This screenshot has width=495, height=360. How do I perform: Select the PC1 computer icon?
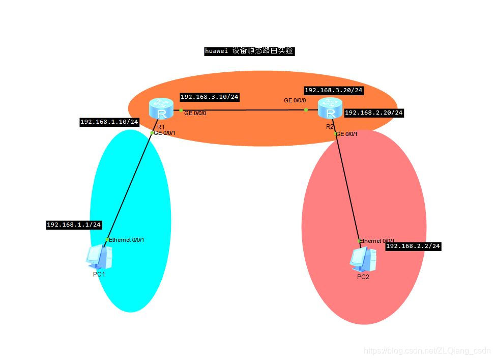[x=99, y=257]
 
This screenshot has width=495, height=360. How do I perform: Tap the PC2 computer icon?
[x=363, y=260]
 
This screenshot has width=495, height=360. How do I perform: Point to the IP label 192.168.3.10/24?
[x=210, y=97]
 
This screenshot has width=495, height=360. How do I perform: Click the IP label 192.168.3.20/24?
[x=334, y=90]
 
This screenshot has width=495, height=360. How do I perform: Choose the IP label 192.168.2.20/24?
[x=374, y=113]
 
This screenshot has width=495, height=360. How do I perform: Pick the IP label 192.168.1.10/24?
[x=109, y=122]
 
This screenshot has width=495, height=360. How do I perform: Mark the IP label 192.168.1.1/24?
[x=74, y=225]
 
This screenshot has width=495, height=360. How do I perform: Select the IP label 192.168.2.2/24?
[x=413, y=246]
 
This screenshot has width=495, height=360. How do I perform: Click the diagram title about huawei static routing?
[x=249, y=51]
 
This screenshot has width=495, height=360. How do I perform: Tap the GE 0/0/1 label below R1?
[x=164, y=133]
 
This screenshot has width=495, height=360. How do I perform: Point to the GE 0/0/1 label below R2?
[x=347, y=134]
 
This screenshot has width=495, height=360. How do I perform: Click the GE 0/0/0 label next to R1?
[x=195, y=113]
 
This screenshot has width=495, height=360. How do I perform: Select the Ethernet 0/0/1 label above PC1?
[x=127, y=240]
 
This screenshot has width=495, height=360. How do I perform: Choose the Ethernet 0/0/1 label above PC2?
[x=377, y=241]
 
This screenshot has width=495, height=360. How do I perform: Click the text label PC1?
[x=99, y=274]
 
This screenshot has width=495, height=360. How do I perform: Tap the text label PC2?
[x=363, y=277]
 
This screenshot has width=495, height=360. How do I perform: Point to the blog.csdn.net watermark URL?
[x=427, y=351]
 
